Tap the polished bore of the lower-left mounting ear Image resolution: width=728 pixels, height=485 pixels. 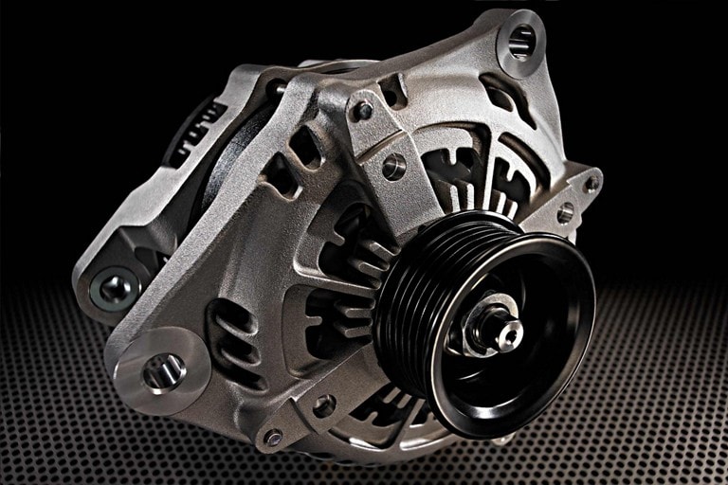[162, 372]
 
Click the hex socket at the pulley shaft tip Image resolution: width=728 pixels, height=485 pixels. [511, 331]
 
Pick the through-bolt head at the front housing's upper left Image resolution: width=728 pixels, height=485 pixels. [362, 111]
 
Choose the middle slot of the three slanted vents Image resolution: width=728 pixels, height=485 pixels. [229, 339]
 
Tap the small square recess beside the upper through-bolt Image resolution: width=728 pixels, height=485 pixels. [391, 92]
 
